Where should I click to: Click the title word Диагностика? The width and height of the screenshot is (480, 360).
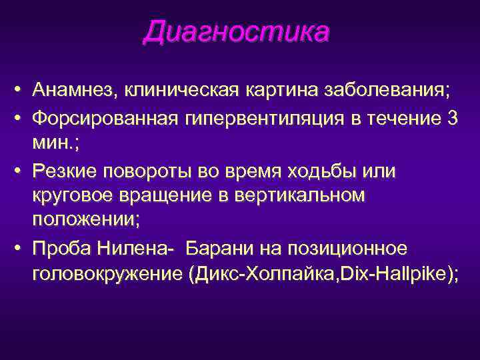pos(236,33)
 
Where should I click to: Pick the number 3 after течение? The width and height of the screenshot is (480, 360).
pos(453,119)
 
